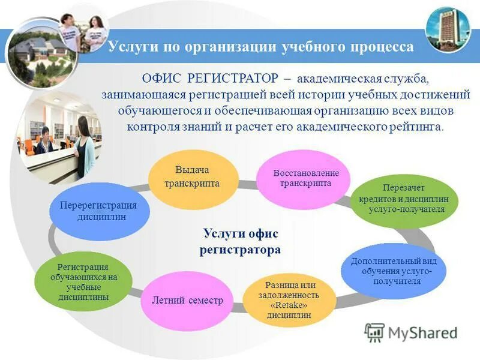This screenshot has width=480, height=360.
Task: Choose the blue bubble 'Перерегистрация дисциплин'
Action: (98, 211)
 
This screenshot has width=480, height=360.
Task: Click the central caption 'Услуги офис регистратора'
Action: (240, 241)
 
